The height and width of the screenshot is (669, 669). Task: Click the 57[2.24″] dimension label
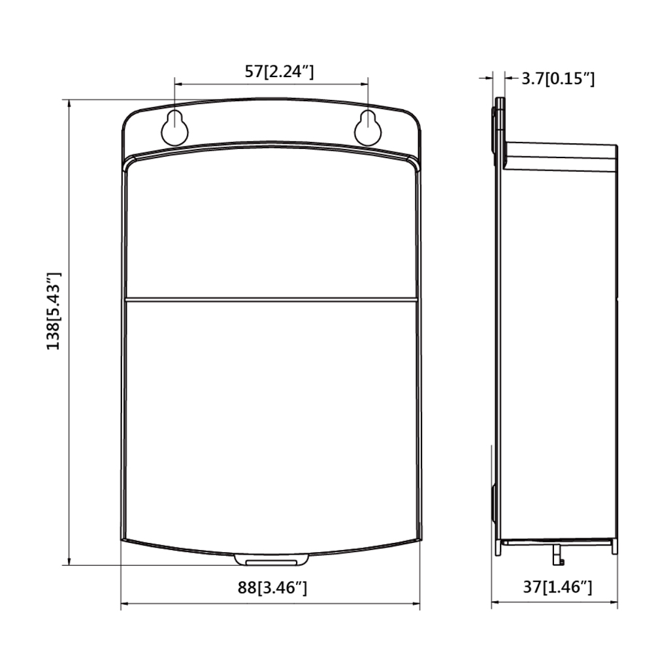279,72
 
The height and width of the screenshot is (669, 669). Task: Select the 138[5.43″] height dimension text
54,310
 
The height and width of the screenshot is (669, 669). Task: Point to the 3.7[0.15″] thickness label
558,78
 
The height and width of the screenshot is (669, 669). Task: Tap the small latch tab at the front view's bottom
271,559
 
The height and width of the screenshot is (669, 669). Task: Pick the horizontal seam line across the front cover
271,299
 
